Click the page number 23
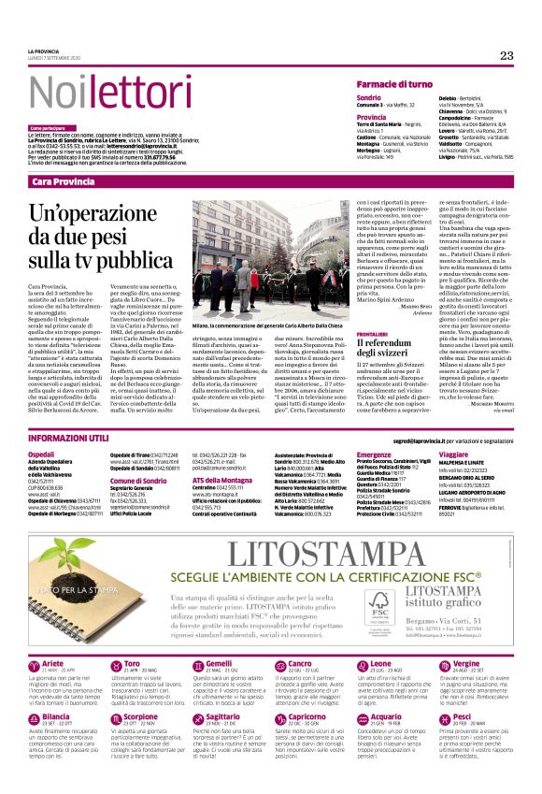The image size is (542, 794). (506, 55)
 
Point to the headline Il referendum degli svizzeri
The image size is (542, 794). (388, 350)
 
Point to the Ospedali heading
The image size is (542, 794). (42, 454)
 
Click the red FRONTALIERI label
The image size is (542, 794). (372, 333)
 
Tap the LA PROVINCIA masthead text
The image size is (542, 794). (45, 51)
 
